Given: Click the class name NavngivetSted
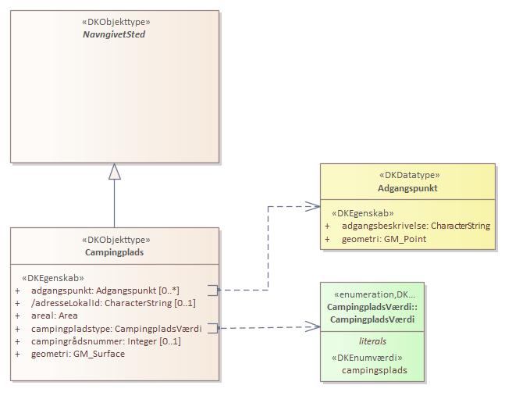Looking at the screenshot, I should point(115,34).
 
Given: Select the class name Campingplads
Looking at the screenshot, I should point(115,252).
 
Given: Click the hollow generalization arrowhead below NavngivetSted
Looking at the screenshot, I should point(115,171).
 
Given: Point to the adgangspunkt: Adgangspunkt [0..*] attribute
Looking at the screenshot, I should point(105,290).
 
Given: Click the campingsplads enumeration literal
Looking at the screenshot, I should point(372,370).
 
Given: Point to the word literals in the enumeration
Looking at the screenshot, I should point(372,341).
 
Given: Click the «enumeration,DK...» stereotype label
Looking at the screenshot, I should point(372,294).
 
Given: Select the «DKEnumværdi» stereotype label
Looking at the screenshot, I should point(372,358).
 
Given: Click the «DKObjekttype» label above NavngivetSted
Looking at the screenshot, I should point(115,22).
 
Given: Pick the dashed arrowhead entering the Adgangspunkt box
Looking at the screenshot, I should point(314,206).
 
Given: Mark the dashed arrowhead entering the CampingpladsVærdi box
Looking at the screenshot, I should point(314,328).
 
